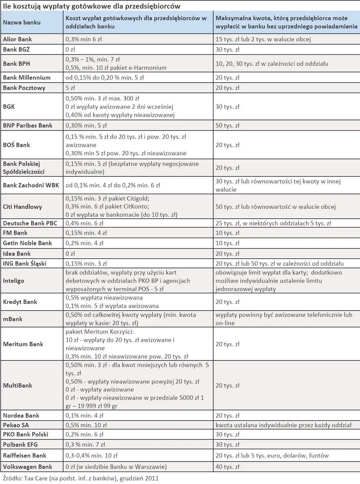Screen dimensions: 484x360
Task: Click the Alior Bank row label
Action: coord(18,39)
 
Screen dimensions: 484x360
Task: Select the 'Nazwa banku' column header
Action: coord(22,22)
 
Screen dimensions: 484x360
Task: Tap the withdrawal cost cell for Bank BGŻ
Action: coord(70,50)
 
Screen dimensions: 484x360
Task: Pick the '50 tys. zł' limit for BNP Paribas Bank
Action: coord(227,126)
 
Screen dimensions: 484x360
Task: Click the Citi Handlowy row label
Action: coord(22,207)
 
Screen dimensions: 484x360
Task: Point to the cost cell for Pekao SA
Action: coord(86,425)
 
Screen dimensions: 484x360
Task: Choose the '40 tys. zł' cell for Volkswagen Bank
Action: coord(227,467)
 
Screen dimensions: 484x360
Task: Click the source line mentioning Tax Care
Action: coord(81,478)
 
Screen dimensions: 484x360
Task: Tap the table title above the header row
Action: coord(92,6)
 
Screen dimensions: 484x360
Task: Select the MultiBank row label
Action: coord(18,386)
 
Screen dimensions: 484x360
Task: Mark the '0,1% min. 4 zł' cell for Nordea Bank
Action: coord(84,416)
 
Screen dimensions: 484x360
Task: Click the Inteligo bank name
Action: coord(14,281)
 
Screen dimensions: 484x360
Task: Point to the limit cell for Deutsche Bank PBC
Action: coord(273,223)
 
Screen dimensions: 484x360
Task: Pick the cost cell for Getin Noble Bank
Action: coord(84,243)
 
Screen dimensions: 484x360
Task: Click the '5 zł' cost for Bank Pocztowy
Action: coord(70,88)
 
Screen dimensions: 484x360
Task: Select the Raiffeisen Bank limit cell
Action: coord(272,456)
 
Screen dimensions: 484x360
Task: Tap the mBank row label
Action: coord(13,319)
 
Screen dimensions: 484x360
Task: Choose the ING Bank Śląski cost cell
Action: coord(86,264)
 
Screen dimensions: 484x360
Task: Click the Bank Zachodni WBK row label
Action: coord(31,185)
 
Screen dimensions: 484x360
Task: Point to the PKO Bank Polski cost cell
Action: coord(84,434)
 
